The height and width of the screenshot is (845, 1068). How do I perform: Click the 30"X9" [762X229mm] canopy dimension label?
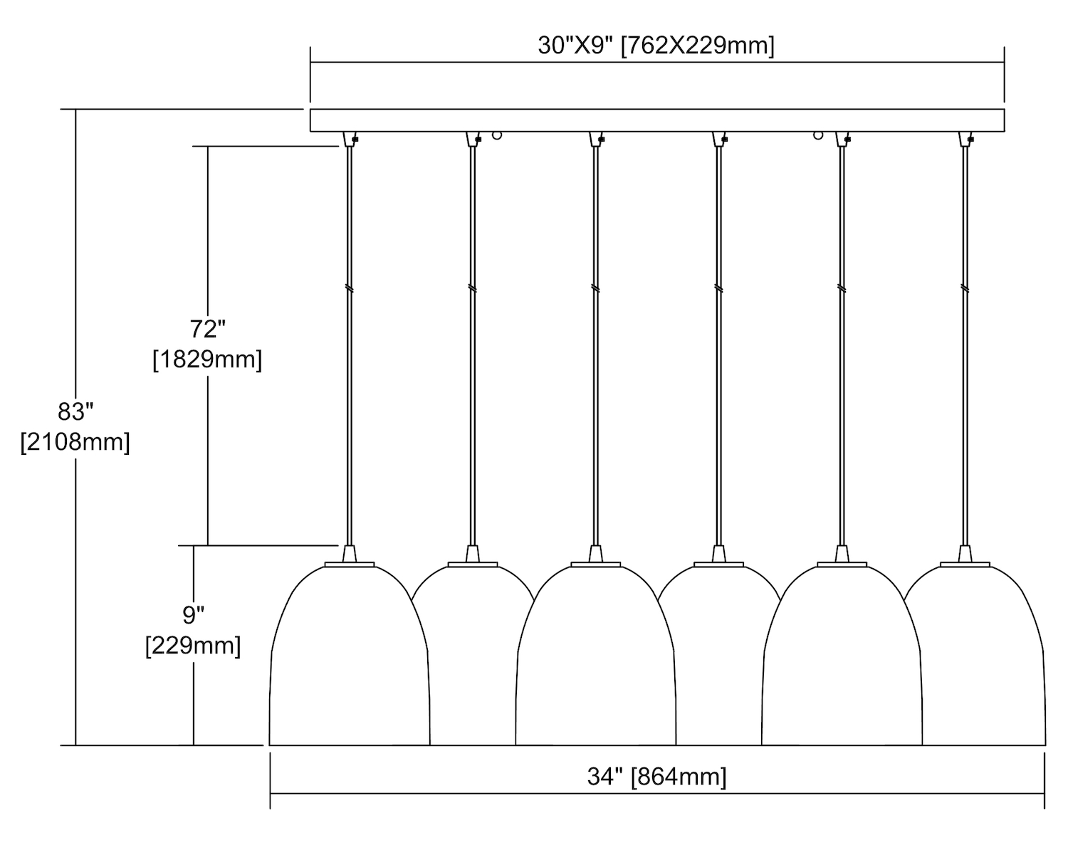tap(656, 46)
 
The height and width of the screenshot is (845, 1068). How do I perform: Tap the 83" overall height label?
tap(75, 411)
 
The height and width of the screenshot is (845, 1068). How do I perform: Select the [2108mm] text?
tap(75, 441)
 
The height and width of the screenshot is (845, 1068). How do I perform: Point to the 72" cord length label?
tap(207, 329)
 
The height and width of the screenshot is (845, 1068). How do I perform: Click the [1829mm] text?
tap(207, 359)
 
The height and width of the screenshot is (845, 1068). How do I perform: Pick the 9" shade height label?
tap(194, 615)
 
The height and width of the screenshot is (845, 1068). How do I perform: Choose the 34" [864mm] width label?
tap(656, 777)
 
